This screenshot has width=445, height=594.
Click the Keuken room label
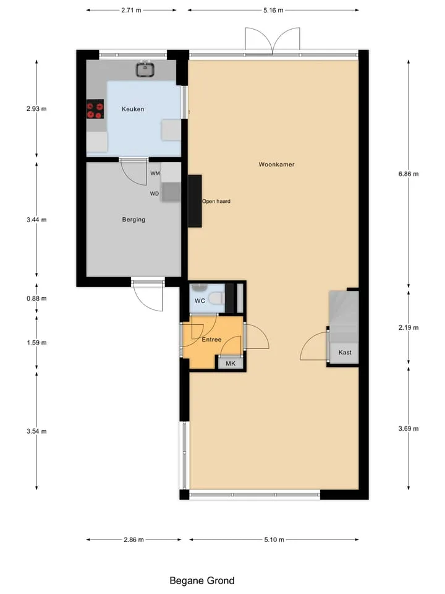click(x=133, y=109)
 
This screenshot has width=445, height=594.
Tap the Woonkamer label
click(x=277, y=165)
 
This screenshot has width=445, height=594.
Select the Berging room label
click(x=133, y=219)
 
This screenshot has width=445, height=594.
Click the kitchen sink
click(x=145, y=69)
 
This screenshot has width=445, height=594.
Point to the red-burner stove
click(x=95, y=110)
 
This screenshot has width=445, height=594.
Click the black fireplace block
click(x=195, y=200)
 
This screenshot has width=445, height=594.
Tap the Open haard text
click(x=216, y=201)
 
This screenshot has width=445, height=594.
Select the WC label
click(x=200, y=301)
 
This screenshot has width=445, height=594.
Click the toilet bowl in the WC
click(x=216, y=298)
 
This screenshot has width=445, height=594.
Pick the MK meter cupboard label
click(x=231, y=363)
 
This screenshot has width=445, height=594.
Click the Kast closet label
click(x=345, y=352)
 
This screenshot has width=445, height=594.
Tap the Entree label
click(x=211, y=340)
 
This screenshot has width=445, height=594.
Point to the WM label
click(x=155, y=173)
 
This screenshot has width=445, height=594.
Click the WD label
click(x=155, y=194)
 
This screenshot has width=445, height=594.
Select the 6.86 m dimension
click(x=409, y=174)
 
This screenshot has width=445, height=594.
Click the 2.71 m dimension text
click(x=131, y=11)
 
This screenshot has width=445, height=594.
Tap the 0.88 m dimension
click(x=36, y=298)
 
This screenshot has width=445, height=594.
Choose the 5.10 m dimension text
click(x=274, y=540)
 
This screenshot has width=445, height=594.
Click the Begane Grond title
click(x=202, y=580)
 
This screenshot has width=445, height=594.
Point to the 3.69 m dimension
click(x=409, y=428)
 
